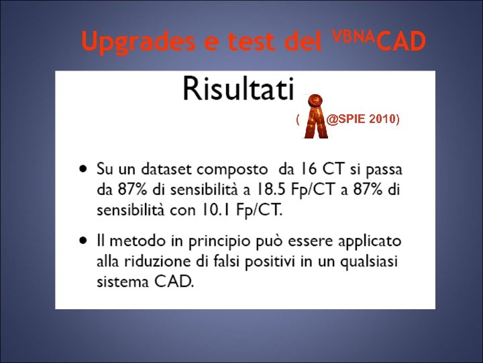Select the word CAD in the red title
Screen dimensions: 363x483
(400, 42)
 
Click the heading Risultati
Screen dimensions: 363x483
(239, 89)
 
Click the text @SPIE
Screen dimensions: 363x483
(347, 120)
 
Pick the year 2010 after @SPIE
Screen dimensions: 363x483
(385, 120)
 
